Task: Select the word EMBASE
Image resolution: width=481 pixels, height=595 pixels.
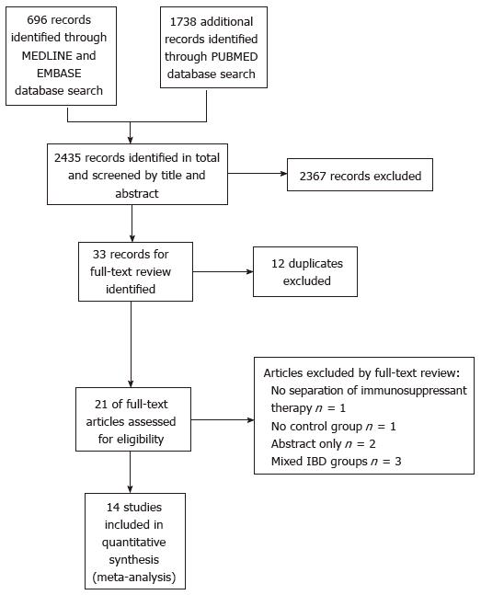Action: click(59, 74)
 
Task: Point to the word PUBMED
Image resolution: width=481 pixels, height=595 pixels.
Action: click(235, 57)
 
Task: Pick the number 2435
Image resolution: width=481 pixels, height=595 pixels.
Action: click(68, 158)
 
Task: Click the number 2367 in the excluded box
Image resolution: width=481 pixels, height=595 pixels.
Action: click(314, 176)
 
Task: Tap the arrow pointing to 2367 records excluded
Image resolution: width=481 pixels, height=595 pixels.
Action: click(258, 174)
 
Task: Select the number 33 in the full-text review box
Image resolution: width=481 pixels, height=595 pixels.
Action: click(99, 254)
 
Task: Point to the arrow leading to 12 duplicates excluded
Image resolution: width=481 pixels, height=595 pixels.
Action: click(223, 271)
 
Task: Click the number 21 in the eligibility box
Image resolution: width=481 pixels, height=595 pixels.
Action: click(101, 404)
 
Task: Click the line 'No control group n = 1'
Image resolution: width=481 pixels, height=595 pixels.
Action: click(333, 427)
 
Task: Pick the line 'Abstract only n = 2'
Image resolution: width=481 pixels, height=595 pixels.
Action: click(323, 444)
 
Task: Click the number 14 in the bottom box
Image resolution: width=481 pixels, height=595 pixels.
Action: click(113, 508)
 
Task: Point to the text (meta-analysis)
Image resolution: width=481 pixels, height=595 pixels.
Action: click(134, 578)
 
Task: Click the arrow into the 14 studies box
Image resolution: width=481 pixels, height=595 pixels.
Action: click(131, 472)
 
